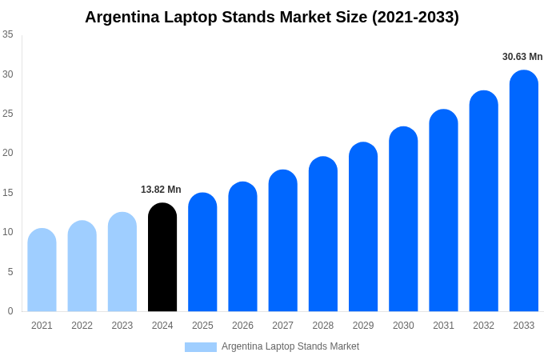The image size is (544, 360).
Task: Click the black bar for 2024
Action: (x=162, y=258)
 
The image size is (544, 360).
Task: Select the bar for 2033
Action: (x=524, y=191)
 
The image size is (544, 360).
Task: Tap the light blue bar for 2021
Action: (x=42, y=270)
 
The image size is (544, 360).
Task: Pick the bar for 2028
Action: (x=323, y=234)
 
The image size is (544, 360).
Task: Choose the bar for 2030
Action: (x=403, y=219)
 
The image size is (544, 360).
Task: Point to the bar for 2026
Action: (x=242, y=247)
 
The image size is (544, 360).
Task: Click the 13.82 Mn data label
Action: (x=161, y=190)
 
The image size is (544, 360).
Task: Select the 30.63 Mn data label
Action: (x=522, y=57)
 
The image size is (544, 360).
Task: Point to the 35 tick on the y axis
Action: (x=8, y=34)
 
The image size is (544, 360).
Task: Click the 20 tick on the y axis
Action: (x=8, y=153)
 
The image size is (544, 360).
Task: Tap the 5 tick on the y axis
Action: (x=10, y=272)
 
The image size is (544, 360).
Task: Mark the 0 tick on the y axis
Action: (x=10, y=311)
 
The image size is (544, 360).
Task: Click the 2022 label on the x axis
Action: (x=82, y=326)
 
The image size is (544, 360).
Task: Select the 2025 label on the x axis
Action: (x=202, y=326)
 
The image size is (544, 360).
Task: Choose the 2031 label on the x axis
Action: (x=443, y=326)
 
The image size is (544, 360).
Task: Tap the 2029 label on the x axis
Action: (x=363, y=326)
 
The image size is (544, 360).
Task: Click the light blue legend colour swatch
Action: (x=200, y=347)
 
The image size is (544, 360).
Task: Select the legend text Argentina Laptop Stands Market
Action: (x=290, y=346)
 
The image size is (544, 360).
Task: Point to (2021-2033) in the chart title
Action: (x=415, y=17)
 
